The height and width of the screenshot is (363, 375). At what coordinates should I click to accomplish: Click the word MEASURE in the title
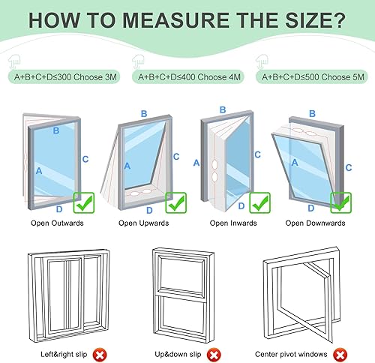(176, 20)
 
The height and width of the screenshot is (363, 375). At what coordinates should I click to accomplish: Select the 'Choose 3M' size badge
(64, 76)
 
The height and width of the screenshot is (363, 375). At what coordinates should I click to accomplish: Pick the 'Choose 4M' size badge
(188, 76)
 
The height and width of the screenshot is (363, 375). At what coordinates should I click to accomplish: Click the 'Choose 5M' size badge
(312, 76)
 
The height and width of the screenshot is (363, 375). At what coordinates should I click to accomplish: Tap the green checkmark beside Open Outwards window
(84, 202)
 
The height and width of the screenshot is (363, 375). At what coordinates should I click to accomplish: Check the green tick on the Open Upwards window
(176, 202)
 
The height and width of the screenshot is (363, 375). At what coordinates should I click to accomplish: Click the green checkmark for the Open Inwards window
(260, 202)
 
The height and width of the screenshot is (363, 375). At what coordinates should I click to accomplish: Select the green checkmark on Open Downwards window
(341, 202)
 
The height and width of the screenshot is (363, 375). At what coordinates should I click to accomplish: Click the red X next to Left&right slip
(100, 355)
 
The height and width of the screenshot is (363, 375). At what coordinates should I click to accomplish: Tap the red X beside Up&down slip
(214, 355)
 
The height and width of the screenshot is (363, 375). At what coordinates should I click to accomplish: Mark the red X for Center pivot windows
(340, 355)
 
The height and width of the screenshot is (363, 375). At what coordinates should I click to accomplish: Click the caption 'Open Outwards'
(57, 223)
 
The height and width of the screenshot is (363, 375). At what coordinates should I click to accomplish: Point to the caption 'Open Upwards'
(144, 223)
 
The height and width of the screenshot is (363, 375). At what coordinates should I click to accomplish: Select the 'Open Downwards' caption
(315, 223)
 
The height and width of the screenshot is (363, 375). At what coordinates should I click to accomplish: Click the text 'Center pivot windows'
(291, 354)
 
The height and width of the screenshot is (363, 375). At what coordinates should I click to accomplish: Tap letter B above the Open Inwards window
(223, 109)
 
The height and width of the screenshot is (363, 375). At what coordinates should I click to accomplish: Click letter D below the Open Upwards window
(149, 210)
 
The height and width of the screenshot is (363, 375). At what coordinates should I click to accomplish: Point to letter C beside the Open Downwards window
(349, 167)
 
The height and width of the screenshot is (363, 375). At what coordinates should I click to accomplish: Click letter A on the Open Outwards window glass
(39, 171)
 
